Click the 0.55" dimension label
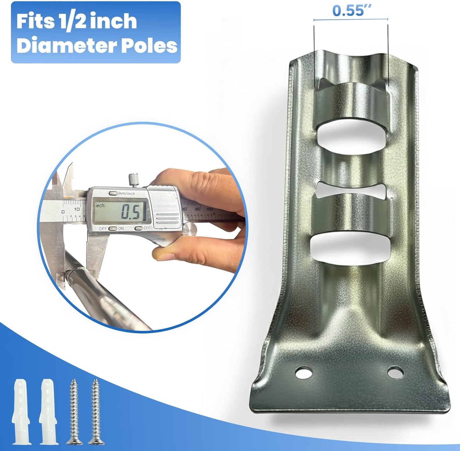click(x=348, y=11)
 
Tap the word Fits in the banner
click(x=35, y=22)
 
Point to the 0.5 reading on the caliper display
click(x=131, y=213)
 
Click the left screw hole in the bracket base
click(x=303, y=372)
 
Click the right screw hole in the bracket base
click(x=395, y=372)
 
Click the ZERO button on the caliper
click(x=139, y=228)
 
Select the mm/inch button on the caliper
click(x=113, y=193)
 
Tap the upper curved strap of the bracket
click(x=350, y=102)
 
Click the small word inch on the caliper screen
click(x=100, y=206)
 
